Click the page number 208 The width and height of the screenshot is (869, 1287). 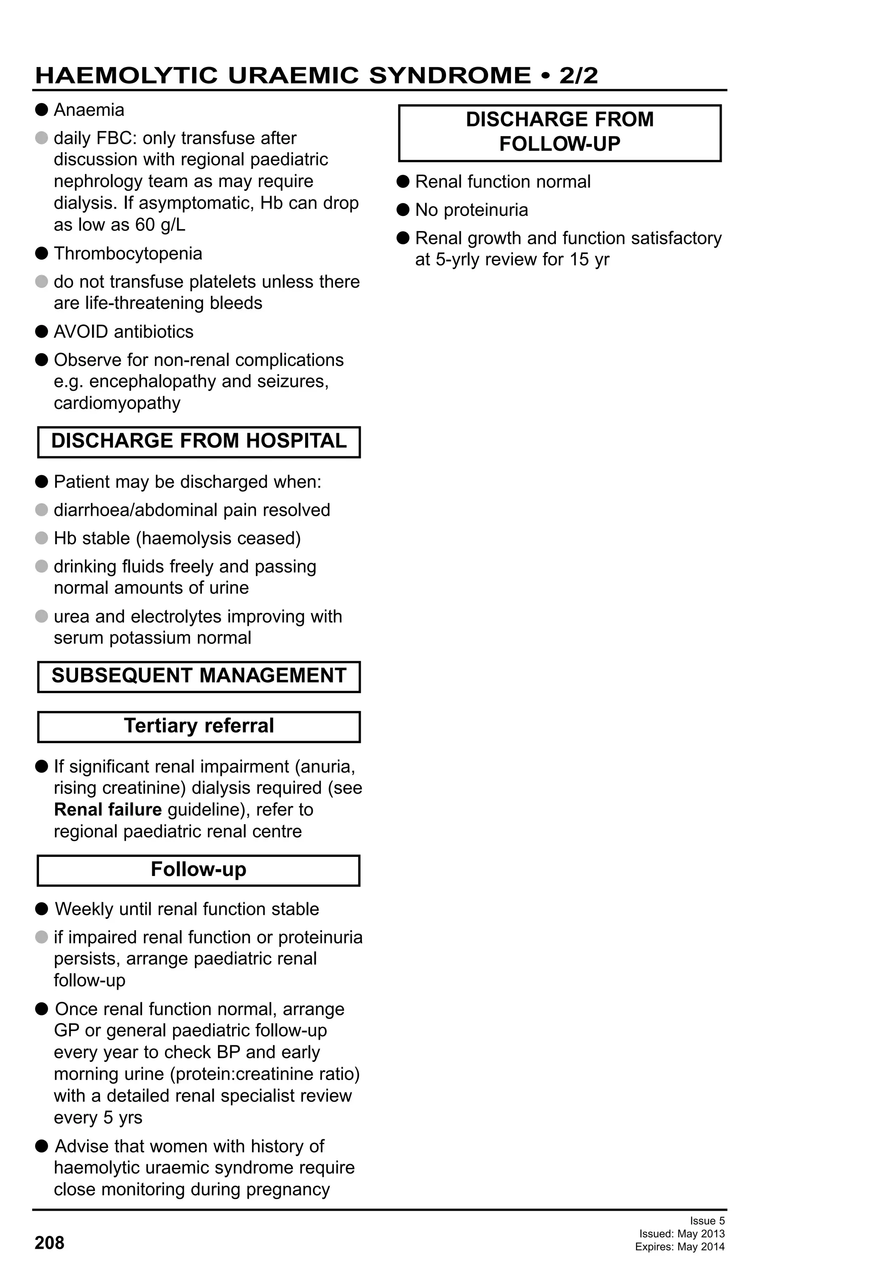coord(49,1243)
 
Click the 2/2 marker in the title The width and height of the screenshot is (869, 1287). coord(578,76)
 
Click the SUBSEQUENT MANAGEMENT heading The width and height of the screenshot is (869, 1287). coord(199,676)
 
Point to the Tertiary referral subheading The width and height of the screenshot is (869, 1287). coord(199,726)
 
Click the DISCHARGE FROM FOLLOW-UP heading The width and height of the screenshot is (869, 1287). coord(559,132)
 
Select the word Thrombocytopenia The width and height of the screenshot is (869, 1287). coord(128,254)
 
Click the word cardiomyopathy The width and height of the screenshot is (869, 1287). coord(117,403)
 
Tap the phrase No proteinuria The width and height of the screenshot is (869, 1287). coord(471,210)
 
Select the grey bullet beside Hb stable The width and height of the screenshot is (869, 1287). coord(42,538)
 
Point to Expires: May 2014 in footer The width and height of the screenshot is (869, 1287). coord(680,1247)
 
